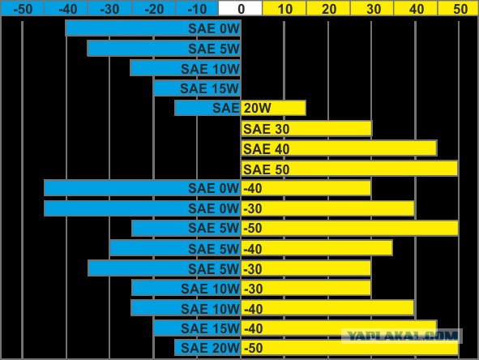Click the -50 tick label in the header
click(23, 9)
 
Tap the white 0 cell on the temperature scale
click(241, 8)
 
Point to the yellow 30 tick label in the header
click(374, 9)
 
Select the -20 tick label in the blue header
click(154, 9)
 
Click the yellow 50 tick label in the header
click(460, 9)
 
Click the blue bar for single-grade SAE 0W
click(153, 28)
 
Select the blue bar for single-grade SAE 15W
click(197, 88)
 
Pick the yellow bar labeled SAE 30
click(306, 128)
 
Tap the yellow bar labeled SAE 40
click(339, 148)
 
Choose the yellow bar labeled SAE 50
click(349, 169)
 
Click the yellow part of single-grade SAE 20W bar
click(273, 108)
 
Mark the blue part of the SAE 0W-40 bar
click(143, 188)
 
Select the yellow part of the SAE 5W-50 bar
click(349, 228)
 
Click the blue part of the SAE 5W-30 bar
click(165, 268)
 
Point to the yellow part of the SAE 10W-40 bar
click(327, 308)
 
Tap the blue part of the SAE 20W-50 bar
click(207, 348)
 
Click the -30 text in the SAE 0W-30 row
click(253, 208)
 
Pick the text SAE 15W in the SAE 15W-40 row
click(210, 328)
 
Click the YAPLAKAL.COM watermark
click(402, 336)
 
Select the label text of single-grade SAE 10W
click(210, 69)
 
